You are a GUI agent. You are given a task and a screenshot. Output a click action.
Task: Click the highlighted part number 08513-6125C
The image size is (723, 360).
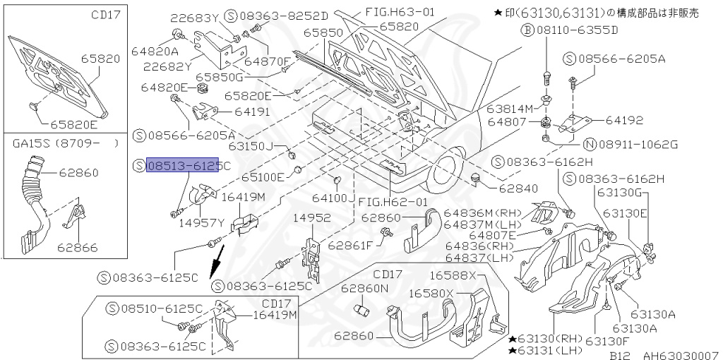tap(188, 165)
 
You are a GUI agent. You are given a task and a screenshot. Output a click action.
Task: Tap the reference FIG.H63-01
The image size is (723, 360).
tap(400, 12)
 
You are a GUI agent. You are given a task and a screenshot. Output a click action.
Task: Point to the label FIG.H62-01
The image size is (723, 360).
tap(393, 201)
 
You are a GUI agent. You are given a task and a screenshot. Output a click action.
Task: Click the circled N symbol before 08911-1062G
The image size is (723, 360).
tap(590, 145)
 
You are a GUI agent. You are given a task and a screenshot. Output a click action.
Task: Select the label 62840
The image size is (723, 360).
tap(518, 188)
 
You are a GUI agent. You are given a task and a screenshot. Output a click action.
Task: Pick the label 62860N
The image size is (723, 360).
tap(366, 288)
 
